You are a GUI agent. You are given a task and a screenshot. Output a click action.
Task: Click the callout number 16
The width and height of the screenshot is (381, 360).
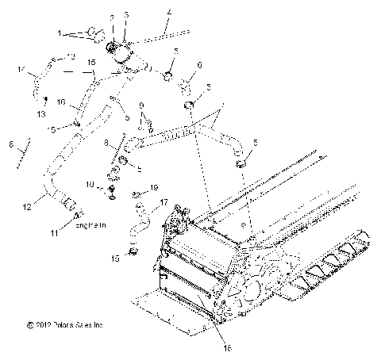[x=62, y=102]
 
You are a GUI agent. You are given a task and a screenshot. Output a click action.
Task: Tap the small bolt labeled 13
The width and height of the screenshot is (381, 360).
[x=47, y=98]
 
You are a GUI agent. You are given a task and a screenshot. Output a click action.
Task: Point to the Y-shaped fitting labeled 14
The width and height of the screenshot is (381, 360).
[x=37, y=79]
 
